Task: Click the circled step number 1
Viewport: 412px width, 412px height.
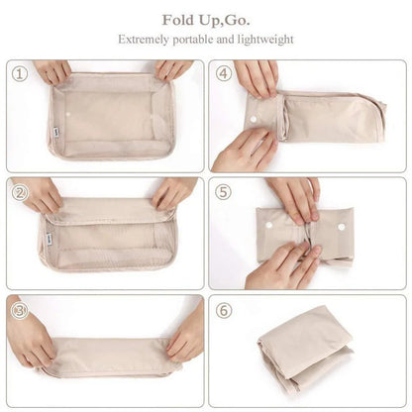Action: [x=18, y=74]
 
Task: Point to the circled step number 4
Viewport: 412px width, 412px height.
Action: [x=225, y=74]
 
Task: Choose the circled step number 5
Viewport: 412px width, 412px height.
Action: [x=225, y=192]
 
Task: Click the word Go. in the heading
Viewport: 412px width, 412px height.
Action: [x=232, y=19]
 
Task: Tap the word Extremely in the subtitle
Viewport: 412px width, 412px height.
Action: [x=146, y=40]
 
